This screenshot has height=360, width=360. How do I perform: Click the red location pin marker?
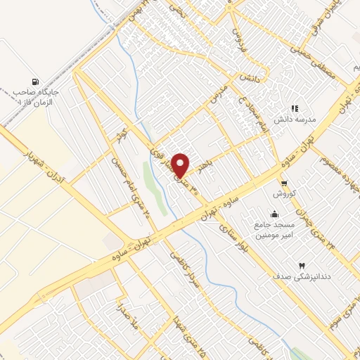pos(181,165)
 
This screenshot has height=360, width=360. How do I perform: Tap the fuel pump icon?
pos(36,81)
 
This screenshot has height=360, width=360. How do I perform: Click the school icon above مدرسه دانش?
pos(295,108)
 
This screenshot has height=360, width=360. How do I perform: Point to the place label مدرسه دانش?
pos(299,120)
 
